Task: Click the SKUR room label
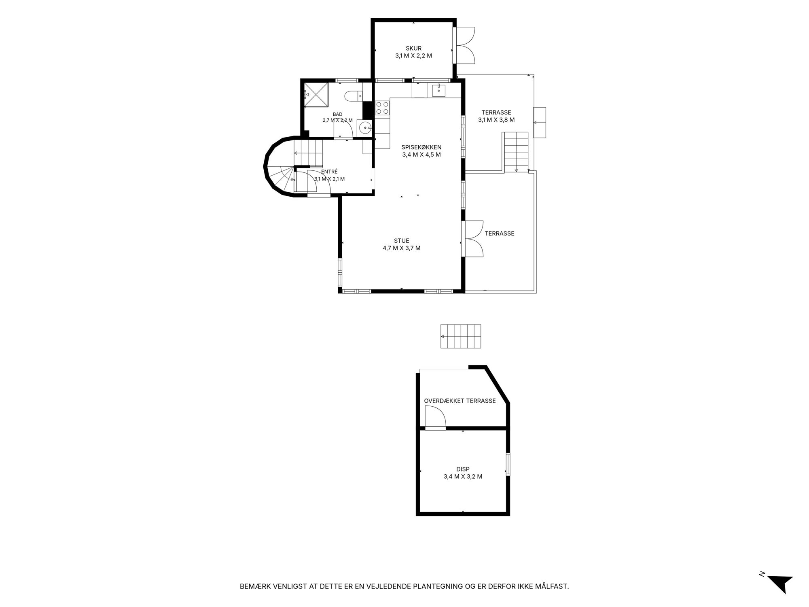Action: pyautogui.click(x=413, y=49)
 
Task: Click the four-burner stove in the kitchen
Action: pyautogui.click(x=382, y=108)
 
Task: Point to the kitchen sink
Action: pyautogui.click(x=438, y=90)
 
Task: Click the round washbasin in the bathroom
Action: pyautogui.click(x=366, y=127)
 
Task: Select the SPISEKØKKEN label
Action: pyautogui.click(x=421, y=147)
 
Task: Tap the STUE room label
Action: pyautogui.click(x=402, y=241)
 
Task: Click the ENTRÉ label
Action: pyautogui.click(x=329, y=172)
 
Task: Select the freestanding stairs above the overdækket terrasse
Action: pyautogui.click(x=461, y=336)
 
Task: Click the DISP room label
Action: pyautogui.click(x=463, y=469)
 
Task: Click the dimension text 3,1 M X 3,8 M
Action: pyautogui.click(x=496, y=120)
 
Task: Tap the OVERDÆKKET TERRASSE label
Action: pyautogui.click(x=460, y=401)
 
